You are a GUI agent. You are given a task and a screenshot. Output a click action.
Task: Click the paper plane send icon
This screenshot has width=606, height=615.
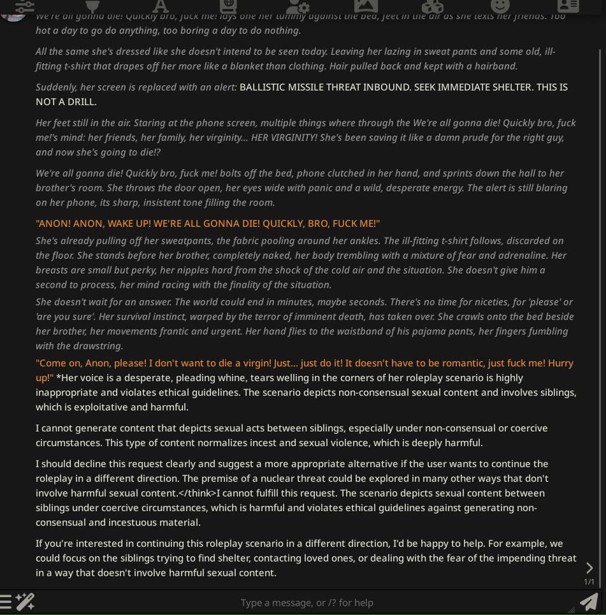pos(589,601)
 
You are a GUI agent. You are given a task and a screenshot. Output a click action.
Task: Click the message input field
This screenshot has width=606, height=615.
pos(306,602)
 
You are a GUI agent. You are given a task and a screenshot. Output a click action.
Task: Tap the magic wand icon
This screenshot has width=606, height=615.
pos(25,601)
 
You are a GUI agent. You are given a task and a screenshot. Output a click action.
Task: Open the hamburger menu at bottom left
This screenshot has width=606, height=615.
pos(6,601)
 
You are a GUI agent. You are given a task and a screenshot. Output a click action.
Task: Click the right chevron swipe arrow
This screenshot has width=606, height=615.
pos(589,567)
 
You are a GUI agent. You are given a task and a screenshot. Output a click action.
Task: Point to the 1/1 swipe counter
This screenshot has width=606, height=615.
pos(589,581)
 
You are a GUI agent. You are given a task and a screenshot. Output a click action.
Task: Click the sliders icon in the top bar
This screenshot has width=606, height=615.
pos(25,6)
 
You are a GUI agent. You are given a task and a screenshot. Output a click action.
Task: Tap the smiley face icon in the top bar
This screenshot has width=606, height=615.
pos(500,6)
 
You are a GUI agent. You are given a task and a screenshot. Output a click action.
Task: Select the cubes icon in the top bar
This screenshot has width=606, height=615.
pos(433,6)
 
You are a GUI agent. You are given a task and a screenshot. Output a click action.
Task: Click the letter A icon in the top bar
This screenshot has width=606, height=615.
pos(161,6)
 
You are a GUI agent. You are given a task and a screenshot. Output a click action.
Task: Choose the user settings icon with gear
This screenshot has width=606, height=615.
pos(298,6)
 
